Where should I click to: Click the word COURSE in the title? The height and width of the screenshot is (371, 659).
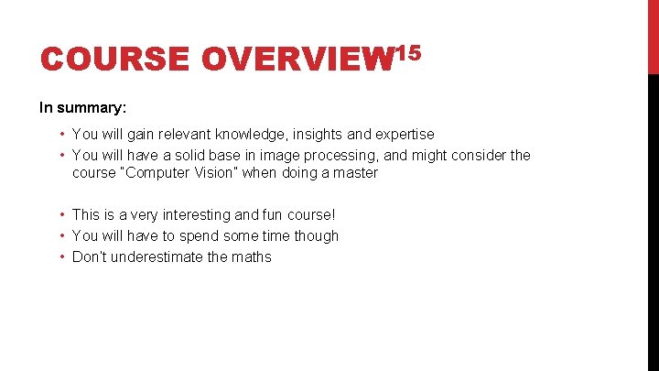(114, 60)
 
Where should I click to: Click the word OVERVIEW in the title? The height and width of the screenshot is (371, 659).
(296, 60)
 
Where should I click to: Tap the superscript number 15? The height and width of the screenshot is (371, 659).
(407, 53)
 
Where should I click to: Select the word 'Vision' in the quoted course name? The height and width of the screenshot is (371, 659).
(213, 172)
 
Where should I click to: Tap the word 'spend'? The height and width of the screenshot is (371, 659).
(197, 235)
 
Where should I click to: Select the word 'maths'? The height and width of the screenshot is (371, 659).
(252, 256)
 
